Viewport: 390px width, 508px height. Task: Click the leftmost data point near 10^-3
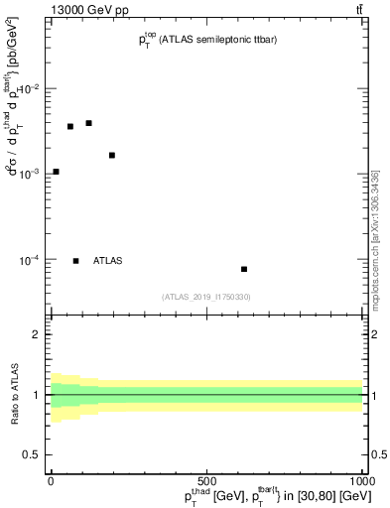56,172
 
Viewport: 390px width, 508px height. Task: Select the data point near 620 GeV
244,269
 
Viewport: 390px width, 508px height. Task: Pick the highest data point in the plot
88,123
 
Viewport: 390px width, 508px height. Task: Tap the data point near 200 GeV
112,155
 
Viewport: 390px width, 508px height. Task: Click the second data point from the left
70,126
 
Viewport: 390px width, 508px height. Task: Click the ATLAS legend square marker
76,261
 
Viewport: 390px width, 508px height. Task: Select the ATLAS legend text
107,261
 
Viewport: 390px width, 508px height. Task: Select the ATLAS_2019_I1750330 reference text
206,297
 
